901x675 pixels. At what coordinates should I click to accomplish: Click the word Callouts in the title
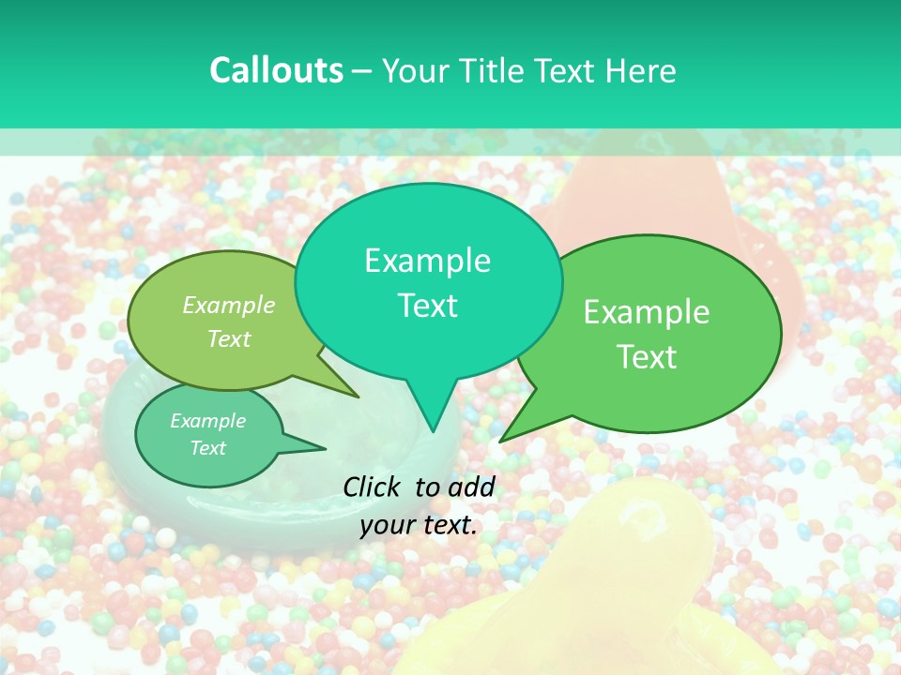[276, 71]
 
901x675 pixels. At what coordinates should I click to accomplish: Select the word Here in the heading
[642, 71]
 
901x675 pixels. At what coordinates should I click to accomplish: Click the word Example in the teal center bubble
[427, 261]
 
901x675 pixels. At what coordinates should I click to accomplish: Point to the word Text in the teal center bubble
[427, 306]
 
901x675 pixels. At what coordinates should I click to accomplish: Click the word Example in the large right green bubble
[647, 312]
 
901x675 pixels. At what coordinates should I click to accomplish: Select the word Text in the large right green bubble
[647, 357]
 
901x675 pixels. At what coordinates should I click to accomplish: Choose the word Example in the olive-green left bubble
[229, 306]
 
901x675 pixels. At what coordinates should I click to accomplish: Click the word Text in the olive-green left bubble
[229, 339]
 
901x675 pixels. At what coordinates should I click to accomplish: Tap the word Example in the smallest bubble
[207, 421]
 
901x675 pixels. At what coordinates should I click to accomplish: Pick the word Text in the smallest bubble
[207, 448]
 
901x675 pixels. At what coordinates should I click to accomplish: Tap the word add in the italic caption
[471, 487]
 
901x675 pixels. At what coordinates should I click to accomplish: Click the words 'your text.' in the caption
[418, 525]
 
